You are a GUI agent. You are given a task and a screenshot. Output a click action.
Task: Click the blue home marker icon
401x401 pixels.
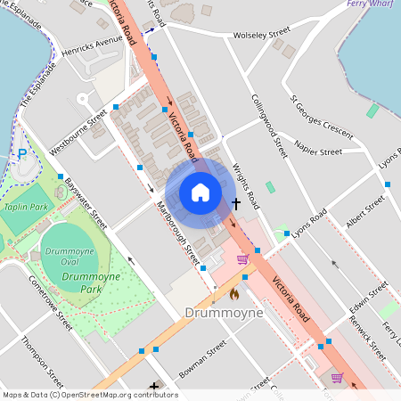[x=200, y=192]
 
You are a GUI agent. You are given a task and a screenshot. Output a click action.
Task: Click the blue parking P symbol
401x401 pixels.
[x=22, y=154]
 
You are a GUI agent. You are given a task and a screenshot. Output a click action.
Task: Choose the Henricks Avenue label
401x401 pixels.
[x=98, y=41]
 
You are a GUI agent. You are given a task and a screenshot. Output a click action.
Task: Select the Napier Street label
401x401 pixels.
[x=318, y=151]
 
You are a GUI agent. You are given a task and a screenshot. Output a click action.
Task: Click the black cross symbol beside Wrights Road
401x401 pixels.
[x=235, y=203]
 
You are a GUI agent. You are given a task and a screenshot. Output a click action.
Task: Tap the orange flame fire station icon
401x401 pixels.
[x=234, y=293]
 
